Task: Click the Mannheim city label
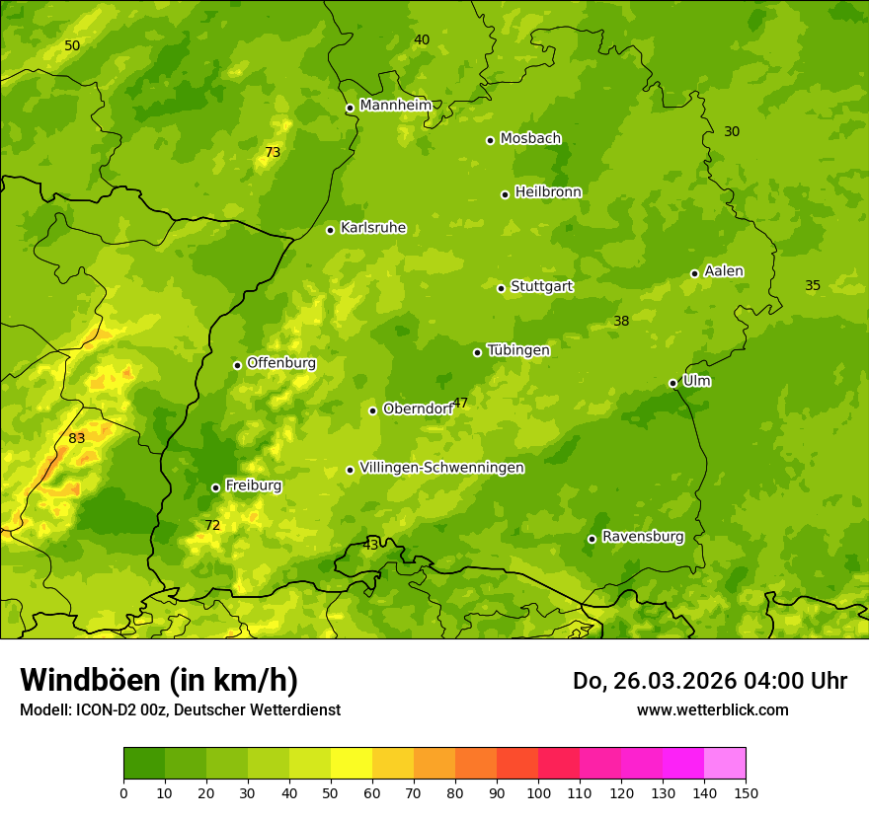tap(396, 106)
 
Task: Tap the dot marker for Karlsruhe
tap(330, 230)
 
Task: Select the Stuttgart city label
tap(541, 287)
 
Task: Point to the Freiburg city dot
tap(215, 487)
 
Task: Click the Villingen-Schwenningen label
tap(441, 468)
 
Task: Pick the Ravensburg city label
tap(643, 537)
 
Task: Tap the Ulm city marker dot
tap(672, 383)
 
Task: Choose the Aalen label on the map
tap(724, 271)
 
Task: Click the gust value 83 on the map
tap(77, 438)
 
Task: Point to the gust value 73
tap(273, 152)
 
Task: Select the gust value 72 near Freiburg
tap(212, 525)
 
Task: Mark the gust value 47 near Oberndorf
tap(460, 403)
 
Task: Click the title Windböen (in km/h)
tap(159, 680)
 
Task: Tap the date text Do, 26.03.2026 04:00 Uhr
tap(709, 681)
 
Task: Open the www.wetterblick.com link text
tap(712, 709)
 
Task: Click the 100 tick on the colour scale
tap(538, 792)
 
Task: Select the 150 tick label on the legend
tap(746, 792)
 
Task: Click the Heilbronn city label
tap(548, 192)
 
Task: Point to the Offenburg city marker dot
tap(237, 365)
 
